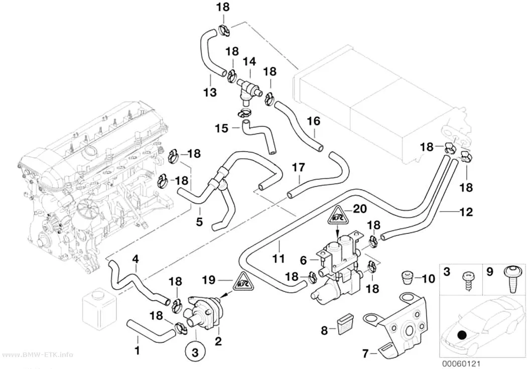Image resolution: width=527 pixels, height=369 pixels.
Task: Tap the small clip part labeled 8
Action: click(344, 325)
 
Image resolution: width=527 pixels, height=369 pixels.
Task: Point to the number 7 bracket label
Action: click(365, 353)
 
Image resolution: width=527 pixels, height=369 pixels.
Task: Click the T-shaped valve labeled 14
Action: click(248, 88)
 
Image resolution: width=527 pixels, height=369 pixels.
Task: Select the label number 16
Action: click(313, 121)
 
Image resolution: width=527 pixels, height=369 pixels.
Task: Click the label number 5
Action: click(199, 221)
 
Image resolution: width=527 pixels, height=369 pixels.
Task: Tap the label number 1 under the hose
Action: click(137, 350)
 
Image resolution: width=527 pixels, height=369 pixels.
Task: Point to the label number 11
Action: click(279, 259)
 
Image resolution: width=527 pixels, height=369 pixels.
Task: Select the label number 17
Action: click(299, 167)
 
